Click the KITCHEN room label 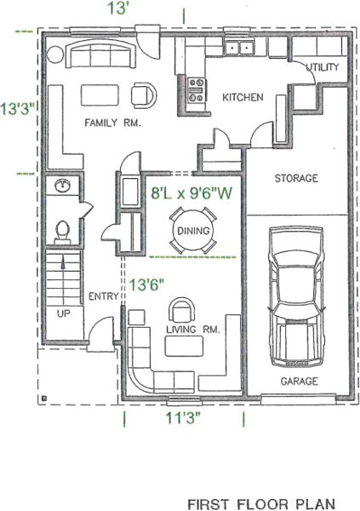(x=243, y=97)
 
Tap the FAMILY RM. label (x=112, y=123)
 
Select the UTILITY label (x=323, y=67)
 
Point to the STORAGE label (x=296, y=178)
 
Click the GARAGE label (x=299, y=381)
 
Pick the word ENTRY (x=104, y=296)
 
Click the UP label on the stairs (x=64, y=313)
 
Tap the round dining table (x=193, y=231)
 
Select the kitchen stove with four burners (x=197, y=90)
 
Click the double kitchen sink (x=240, y=48)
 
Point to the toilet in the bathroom (x=62, y=232)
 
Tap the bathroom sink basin (x=62, y=186)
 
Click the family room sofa (x=101, y=53)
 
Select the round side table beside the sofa (x=54, y=55)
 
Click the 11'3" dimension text (x=184, y=418)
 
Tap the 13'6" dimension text (x=146, y=284)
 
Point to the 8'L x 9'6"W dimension (x=191, y=193)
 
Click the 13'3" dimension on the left (x=18, y=108)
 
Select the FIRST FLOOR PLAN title (x=261, y=504)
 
